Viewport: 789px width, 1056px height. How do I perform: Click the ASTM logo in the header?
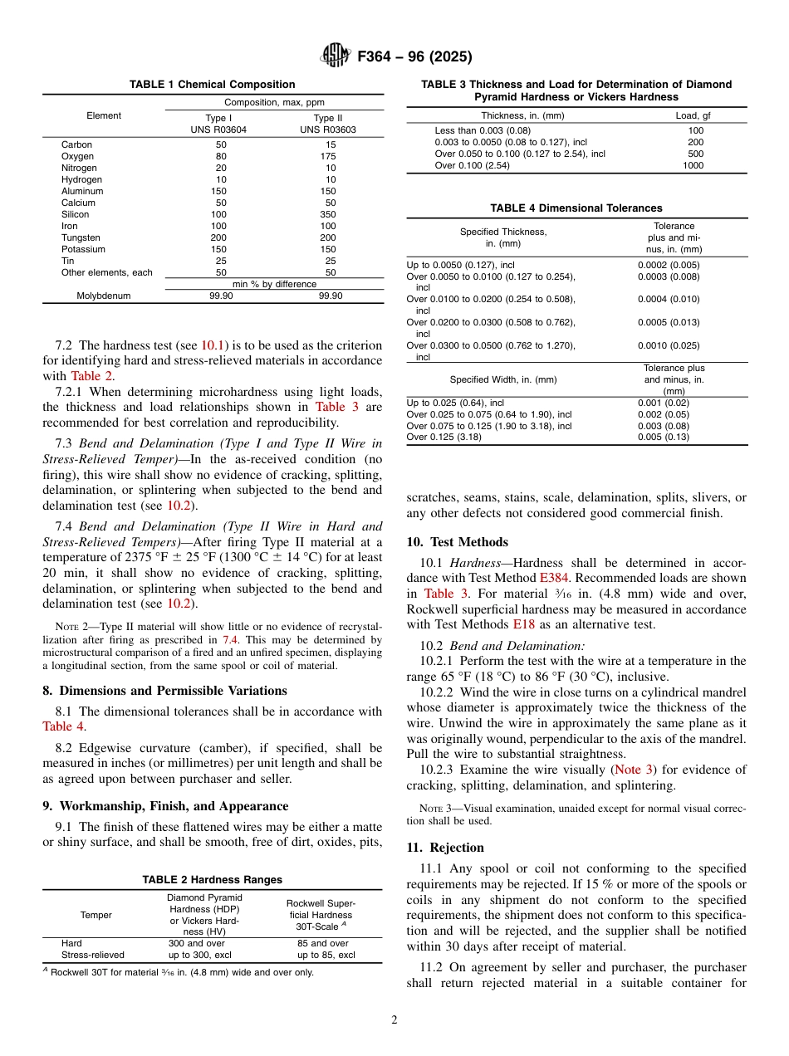click(336, 56)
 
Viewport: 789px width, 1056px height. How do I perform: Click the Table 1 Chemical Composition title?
click(212, 85)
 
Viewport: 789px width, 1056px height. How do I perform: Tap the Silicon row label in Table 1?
click(76, 214)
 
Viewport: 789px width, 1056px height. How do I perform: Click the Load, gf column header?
click(693, 115)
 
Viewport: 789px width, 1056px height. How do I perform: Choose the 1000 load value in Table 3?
click(693, 165)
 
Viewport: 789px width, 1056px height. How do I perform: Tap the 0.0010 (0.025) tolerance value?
click(668, 345)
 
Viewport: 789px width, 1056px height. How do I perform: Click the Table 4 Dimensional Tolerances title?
click(576, 208)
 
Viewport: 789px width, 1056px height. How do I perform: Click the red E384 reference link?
click(554, 578)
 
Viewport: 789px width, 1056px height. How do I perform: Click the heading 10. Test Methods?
click(457, 542)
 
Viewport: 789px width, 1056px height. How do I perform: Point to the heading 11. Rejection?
click(445, 848)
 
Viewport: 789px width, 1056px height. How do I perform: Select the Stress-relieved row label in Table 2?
click(92, 956)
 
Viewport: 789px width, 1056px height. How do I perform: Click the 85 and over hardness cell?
click(322, 944)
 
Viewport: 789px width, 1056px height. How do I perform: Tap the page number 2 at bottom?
click(394, 1020)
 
